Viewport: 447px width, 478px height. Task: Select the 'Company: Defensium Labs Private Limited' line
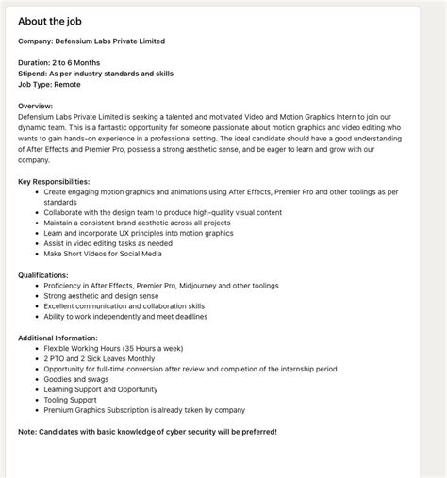(x=91, y=41)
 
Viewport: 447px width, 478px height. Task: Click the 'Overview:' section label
(x=36, y=106)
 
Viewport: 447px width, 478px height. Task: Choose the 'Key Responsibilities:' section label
(x=54, y=181)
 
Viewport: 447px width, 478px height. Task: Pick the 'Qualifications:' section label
(x=43, y=275)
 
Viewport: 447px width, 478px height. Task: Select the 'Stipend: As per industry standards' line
(x=95, y=74)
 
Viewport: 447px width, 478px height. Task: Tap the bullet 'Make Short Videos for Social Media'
(x=103, y=254)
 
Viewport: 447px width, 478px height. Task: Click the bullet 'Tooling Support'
(x=71, y=400)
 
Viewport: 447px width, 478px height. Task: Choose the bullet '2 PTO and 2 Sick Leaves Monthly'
(x=100, y=358)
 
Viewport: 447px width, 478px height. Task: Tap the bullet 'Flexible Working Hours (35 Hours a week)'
(x=112, y=348)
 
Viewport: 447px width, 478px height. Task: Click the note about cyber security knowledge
(x=147, y=432)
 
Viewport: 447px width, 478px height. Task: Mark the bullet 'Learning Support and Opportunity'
(x=100, y=389)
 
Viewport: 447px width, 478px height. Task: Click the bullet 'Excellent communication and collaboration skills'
(x=124, y=306)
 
